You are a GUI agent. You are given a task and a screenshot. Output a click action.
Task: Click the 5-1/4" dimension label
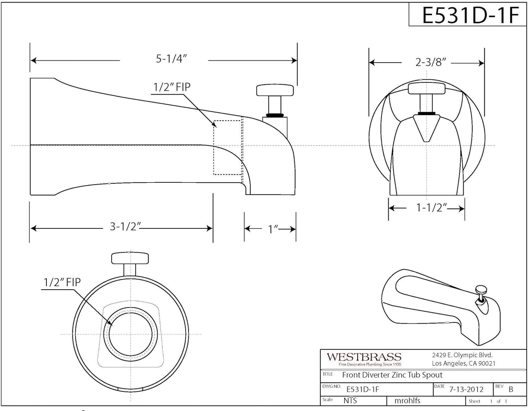pyautogui.click(x=171, y=59)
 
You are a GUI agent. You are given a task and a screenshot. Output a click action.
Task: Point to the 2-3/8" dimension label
pyautogui.click(x=430, y=62)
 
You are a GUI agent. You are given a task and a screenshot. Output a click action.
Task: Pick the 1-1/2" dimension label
pyautogui.click(x=431, y=208)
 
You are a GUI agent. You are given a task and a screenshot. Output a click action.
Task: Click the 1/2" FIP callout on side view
pyautogui.click(x=172, y=87)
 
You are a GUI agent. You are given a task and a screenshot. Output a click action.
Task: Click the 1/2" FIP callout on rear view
pyautogui.click(x=62, y=282)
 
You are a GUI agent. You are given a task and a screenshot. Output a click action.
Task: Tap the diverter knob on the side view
pyautogui.click(x=275, y=90)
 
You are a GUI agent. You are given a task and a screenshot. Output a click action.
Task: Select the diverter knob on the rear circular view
pyautogui.click(x=130, y=258)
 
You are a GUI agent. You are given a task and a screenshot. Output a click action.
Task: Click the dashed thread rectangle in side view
pyautogui.click(x=228, y=147)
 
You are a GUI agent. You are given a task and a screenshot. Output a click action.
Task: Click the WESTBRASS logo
pyautogui.click(x=364, y=357)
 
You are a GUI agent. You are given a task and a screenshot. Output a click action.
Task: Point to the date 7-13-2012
pyautogui.click(x=466, y=389)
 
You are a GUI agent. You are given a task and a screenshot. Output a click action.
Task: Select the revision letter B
pyautogui.click(x=510, y=389)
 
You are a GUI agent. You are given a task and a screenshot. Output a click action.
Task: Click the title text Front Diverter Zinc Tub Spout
pyautogui.click(x=392, y=375)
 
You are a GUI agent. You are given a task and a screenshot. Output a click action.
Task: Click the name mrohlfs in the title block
pyautogui.click(x=407, y=401)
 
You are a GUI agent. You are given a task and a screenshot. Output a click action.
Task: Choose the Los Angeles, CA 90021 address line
pyautogui.click(x=463, y=363)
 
